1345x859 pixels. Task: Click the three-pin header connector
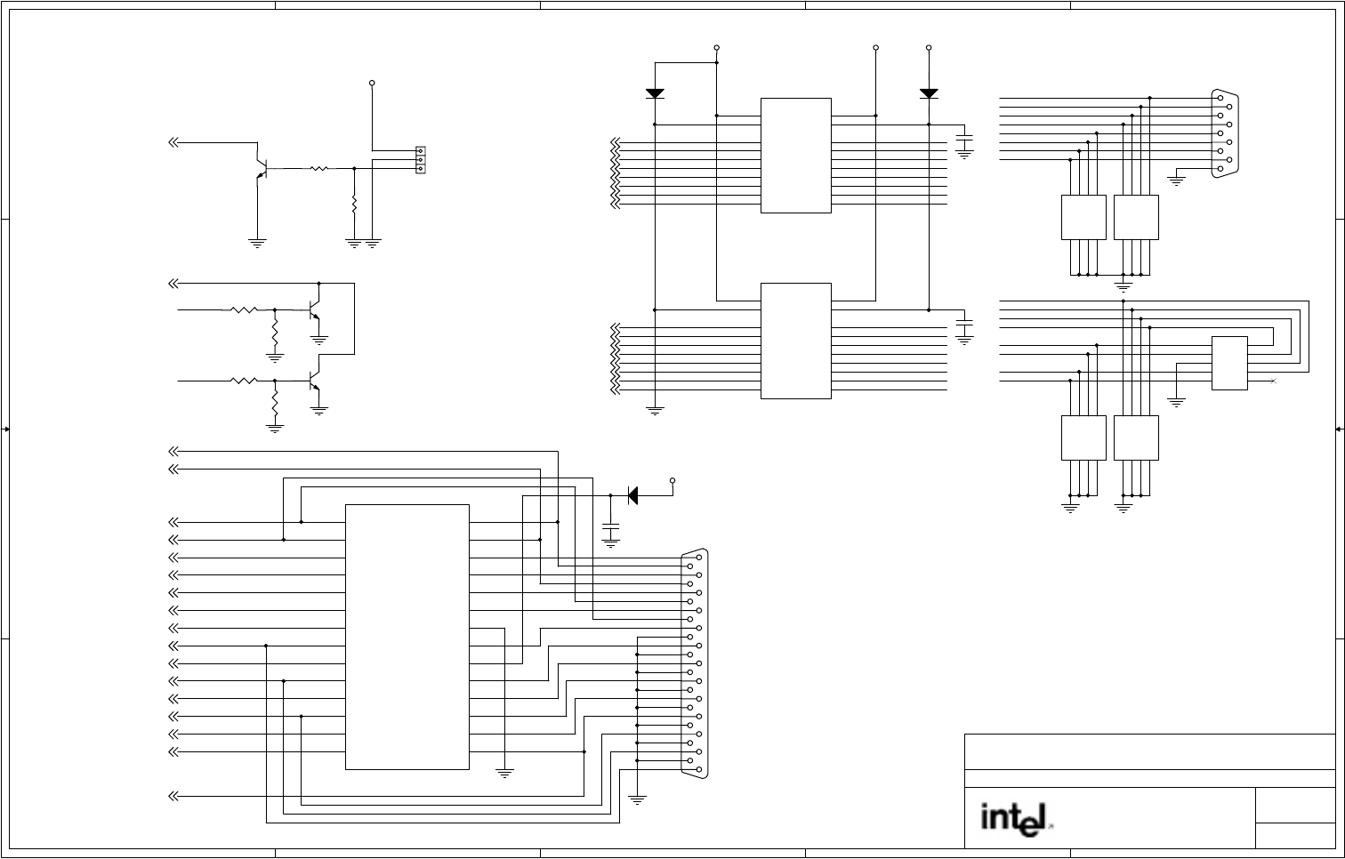[421, 160]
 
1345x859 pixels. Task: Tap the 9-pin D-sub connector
[1225, 133]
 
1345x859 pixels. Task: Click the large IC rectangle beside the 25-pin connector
[407, 637]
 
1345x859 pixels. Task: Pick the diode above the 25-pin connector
[632, 495]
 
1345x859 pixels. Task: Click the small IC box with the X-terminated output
[1229, 363]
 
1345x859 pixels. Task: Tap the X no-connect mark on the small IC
[1274, 381]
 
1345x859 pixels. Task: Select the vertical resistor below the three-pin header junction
[354, 205]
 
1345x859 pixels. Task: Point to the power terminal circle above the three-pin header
[372, 84]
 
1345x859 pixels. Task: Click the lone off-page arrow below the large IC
[173, 796]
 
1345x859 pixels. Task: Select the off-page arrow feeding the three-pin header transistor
[173, 142]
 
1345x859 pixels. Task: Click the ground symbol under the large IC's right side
[504, 774]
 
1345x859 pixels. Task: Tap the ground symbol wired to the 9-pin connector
[1176, 181]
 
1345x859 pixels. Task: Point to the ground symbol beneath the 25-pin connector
[637, 799]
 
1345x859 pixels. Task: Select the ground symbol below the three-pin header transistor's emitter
[257, 242]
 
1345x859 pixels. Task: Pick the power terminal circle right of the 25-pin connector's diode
[672, 480]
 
